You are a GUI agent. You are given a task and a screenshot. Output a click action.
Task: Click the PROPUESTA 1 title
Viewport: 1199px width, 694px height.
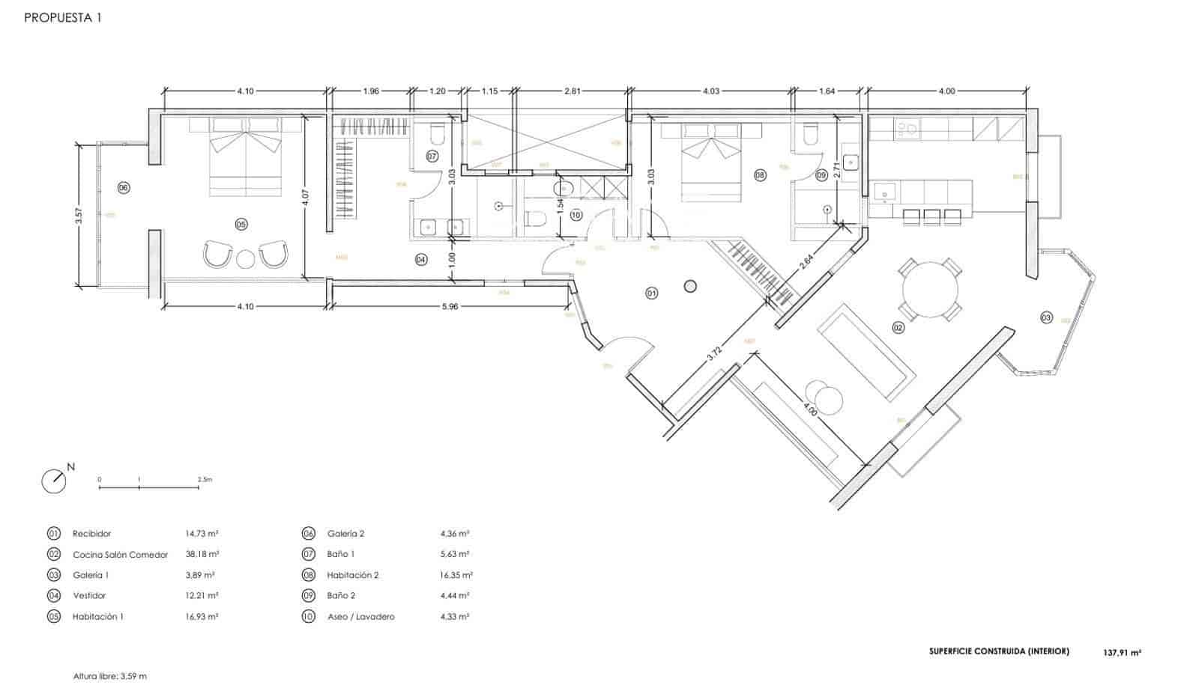[x=62, y=18]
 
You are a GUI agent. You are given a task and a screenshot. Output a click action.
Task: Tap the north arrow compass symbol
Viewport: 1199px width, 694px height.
[x=54, y=481]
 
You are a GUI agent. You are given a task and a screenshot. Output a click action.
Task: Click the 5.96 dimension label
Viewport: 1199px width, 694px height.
[x=449, y=306]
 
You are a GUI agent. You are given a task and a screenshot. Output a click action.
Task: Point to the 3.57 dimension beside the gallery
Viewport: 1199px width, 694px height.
[x=78, y=216]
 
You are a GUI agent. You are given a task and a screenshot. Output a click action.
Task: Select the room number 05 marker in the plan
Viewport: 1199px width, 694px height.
[x=241, y=224]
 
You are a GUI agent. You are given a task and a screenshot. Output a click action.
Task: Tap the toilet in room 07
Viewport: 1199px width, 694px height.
[x=438, y=135]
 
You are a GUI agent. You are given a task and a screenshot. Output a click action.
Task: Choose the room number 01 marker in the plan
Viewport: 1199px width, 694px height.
[x=651, y=293]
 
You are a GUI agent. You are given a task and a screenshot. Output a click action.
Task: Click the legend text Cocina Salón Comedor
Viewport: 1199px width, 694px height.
[x=120, y=555]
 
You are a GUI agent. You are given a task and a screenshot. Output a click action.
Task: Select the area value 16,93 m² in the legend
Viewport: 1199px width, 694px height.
[x=202, y=617]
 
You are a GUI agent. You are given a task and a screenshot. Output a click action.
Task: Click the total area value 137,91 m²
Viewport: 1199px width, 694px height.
[x=1122, y=653]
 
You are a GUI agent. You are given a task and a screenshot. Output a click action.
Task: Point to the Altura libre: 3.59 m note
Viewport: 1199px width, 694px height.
[x=109, y=676]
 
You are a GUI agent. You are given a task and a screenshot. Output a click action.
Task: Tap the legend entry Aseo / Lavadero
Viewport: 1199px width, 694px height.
[x=360, y=617]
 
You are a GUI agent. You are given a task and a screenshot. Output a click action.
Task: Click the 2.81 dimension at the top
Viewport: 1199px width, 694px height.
[x=572, y=91]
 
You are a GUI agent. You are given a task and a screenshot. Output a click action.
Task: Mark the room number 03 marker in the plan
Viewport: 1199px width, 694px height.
[x=1046, y=318]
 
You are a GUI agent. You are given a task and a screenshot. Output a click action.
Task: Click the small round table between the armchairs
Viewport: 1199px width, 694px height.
[x=246, y=259]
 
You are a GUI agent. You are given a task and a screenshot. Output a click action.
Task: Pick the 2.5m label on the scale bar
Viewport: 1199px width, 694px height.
[x=205, y=479]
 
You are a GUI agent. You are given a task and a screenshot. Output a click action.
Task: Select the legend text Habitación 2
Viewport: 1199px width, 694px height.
[x=353, y=575]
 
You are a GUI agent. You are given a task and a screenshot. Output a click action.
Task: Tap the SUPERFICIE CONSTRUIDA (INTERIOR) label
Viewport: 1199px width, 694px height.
[x=999, y=651]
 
